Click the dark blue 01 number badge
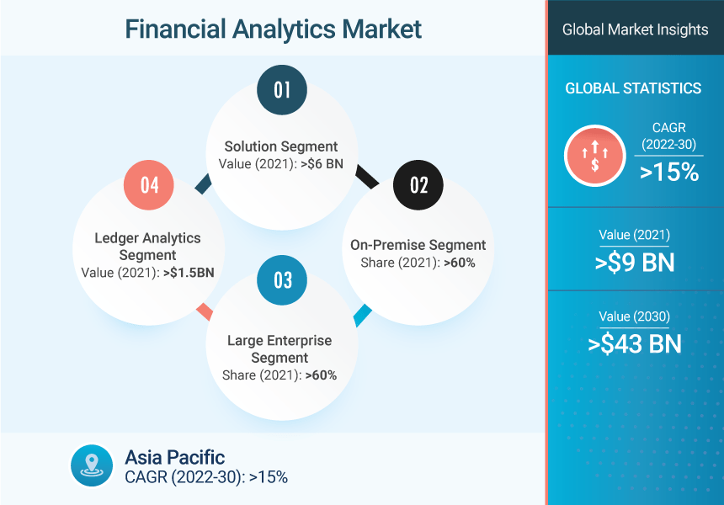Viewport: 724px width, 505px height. pos(282,89)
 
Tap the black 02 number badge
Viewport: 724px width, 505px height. pos(418,185)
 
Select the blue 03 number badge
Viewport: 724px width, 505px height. pos(282,280)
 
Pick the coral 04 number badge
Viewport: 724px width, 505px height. pos(149,185)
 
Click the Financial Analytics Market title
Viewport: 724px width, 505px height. pos(274,29)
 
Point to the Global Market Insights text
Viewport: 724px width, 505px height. pos(635,29)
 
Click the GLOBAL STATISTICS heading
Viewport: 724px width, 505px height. pos(633,88)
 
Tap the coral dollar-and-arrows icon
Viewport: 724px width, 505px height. pos(594,156)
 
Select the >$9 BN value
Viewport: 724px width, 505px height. pos(635,263)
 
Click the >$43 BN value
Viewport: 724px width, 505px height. pos(635,344)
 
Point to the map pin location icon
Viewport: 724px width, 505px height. pos(92,465)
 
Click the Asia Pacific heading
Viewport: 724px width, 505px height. pos(174,458)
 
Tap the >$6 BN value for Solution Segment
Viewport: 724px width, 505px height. pos(322,164)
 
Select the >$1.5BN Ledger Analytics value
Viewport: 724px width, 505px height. pos(189,273)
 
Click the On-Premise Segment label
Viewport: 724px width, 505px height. pos(418,245)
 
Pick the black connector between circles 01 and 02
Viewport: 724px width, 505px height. pos(368,178)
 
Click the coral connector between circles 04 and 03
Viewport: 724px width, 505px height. pos(205,312)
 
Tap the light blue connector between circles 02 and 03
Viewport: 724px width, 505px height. pos(363,316)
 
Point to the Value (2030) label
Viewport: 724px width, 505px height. pos(635,316)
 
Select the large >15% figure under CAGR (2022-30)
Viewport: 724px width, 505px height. pos(669,172)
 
